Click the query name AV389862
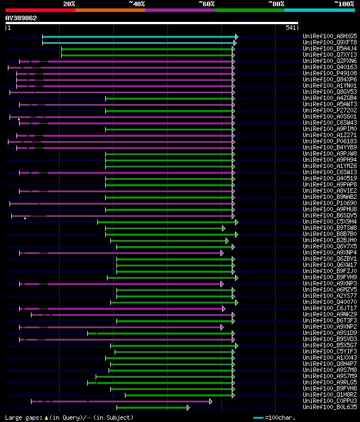pos(21,18)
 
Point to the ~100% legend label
pos(344,3)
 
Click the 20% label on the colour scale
pos(69,3)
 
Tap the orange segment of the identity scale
pos(110,10)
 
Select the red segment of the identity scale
pos(40,10)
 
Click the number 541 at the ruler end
pos(291,27)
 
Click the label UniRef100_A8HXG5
pos(330,36)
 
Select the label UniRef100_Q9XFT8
pos(330,42)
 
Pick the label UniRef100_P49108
pos(330,73)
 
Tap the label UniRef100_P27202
pos(330,110)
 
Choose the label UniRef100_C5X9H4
pos(330,221)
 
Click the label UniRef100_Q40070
pos(330,302)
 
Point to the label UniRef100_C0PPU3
pos(330,401)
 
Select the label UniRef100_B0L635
pos(330,407)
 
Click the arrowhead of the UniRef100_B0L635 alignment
pos(188,407)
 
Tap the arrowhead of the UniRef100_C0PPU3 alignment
pos(211,401)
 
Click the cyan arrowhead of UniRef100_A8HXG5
pos(237,37)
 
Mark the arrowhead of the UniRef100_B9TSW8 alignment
pos(224,228)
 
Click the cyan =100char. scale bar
pos(259,418)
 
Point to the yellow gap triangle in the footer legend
pos(46,418)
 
